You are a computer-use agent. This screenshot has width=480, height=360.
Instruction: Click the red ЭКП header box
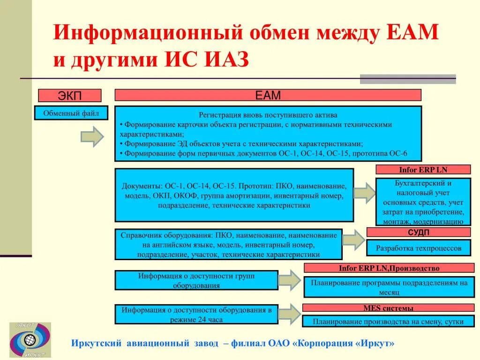point(69,96)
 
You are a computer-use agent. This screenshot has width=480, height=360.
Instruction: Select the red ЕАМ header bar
point(268,95)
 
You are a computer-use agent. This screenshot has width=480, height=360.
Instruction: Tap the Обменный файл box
point(71,113)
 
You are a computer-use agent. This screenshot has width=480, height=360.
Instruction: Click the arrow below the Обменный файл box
point(92,137)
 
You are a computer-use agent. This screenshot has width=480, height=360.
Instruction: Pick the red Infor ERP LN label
point(423,170)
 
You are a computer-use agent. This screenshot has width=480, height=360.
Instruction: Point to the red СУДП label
point(418,232)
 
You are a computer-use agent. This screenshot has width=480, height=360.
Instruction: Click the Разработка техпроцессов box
point(418,248)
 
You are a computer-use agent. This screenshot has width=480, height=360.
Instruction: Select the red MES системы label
point(388,308)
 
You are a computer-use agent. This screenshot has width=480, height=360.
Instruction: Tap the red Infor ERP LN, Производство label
point(389,268)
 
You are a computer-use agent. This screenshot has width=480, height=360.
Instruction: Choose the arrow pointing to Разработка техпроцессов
point(353,240)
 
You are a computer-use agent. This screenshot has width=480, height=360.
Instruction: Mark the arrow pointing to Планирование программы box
point(290,280)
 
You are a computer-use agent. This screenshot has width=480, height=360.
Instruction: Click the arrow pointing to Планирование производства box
point(289,314)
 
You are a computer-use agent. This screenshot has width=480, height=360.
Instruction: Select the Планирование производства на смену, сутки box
point(388,322)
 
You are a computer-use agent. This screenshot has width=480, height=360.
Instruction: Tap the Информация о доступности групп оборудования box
point(196,280)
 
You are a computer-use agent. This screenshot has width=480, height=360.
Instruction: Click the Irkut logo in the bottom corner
point(30,340)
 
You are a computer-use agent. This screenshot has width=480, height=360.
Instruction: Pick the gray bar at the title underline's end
point(408,79)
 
